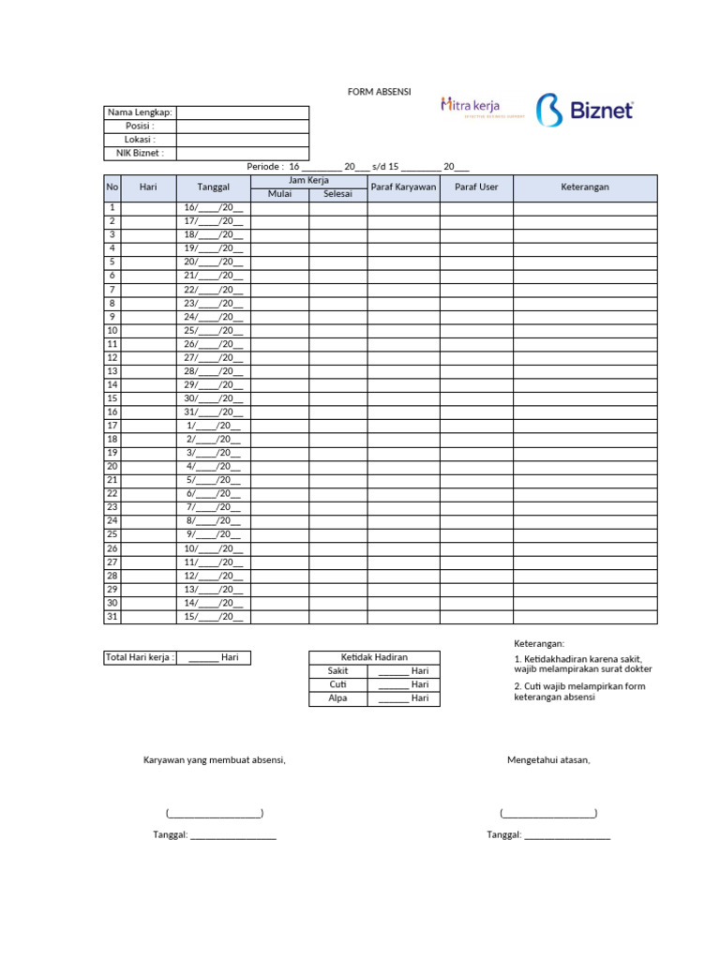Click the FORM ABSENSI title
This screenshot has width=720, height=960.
[373, 93]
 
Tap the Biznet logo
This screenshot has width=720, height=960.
[585, 111]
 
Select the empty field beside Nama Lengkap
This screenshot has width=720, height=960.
[242, 112]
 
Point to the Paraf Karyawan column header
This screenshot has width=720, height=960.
[403, 187]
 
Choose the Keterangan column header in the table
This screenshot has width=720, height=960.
[585, 187]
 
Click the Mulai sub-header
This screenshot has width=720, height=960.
[280, 194]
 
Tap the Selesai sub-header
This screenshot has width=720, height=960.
[337, 194]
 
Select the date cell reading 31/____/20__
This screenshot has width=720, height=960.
[214, 412]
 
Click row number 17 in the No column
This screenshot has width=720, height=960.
[112, 426]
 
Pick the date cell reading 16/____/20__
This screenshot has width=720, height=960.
[214, 208]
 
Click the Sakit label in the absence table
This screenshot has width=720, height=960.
[337, 671]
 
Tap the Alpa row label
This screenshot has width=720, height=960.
[337, 698]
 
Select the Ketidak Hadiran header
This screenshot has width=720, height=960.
[374, 657]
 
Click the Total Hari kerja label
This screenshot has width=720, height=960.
[140, 657]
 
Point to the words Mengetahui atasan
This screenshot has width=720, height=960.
[548, 759]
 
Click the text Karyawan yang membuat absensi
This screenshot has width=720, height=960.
[214, 759]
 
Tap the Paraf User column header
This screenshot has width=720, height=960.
[476, 187]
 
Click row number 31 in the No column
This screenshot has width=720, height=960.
[112, 616]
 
